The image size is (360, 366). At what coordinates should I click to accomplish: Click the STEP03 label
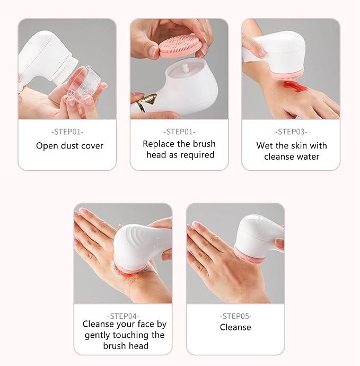pyautogui.click(x=291, y=132)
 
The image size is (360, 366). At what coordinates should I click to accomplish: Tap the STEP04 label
pyautogui.click(x=123, y=316)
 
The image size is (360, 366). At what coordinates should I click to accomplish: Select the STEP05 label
pyautogui.click(x=235, y=316)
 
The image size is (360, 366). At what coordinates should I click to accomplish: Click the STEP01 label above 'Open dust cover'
pyautogui.click(x=67, y=132)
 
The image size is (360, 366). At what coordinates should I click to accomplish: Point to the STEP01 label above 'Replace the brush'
pyautogui.click(x=179, y=132)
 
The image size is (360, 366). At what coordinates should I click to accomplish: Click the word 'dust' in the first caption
pyautogui.click(x=70, y=146)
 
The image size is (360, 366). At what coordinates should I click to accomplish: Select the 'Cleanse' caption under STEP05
pyautogui.click(x=235, y=327)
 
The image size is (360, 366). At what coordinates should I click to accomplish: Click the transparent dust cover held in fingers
pyautogui.click(x=84, y=85)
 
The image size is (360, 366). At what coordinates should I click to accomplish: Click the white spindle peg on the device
pyautogui.click(x=185, y=69)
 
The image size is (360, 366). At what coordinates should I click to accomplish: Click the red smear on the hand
pyautogui.click(x=294, y=86)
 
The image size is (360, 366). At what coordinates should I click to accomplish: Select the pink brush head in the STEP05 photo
pyautogui.click(x=249, y=255)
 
